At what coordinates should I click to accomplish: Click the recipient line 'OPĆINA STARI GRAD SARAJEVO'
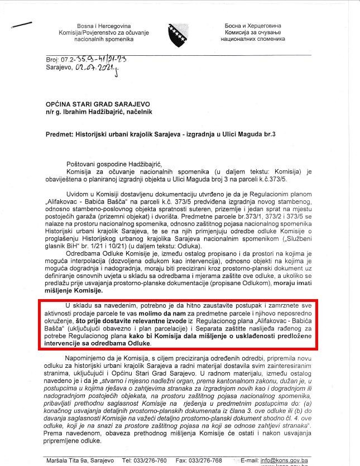point(98,104)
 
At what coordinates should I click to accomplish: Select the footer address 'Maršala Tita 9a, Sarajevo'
point(80,460)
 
